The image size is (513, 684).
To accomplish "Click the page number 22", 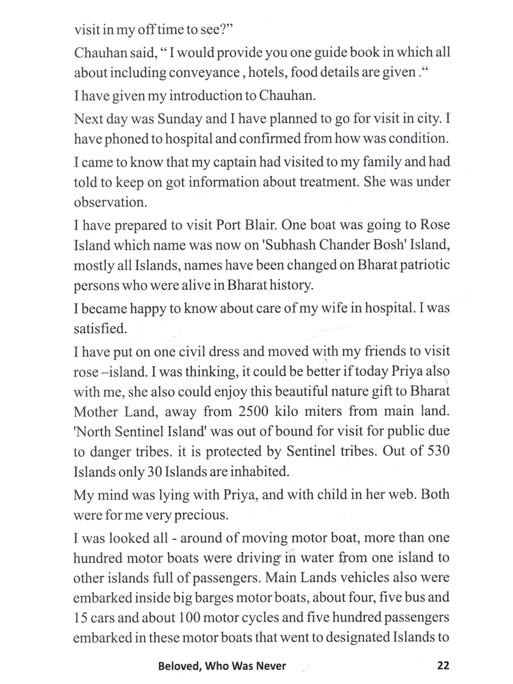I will click(443, 666).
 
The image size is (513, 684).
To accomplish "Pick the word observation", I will click(110, 202).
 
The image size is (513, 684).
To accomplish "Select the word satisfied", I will click(100, 329).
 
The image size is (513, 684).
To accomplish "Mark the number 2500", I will click(253, 411).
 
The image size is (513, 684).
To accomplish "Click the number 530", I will click(438, 451).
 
